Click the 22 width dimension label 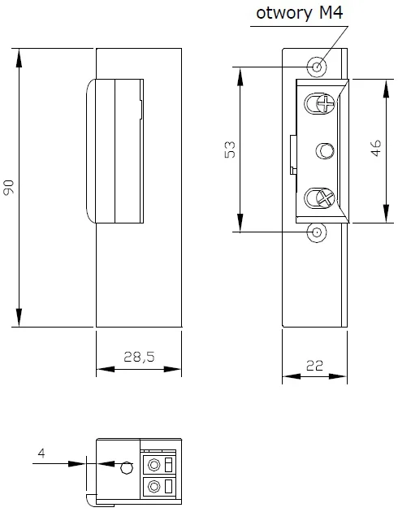314,367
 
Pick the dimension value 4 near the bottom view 41,453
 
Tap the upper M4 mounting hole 317,66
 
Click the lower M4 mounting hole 317,233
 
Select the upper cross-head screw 321,103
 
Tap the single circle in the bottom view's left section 125,468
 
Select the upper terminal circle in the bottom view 153,464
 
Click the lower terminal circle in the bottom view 153,487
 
